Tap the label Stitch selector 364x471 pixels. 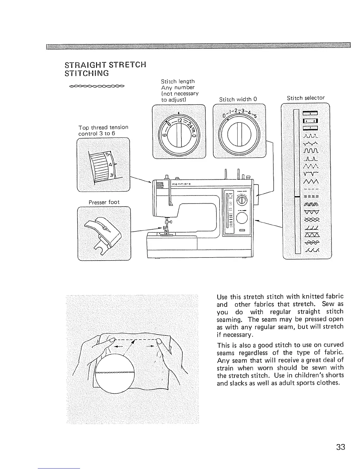[x=306, y=98]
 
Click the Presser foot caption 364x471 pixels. [x=104, y=202]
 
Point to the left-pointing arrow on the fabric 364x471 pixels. [x=119, y=347]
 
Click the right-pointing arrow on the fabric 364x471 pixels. [x=150, y=346]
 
